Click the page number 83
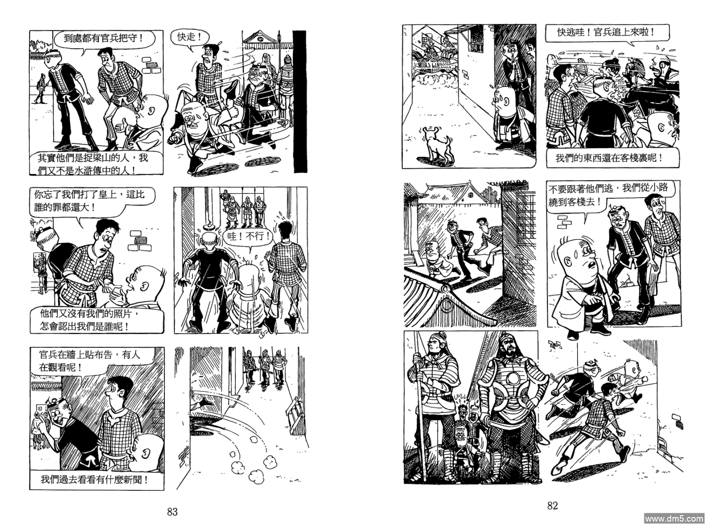point(172,511)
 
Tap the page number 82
point(552,505)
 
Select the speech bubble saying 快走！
point(190,38)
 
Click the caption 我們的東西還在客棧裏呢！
point(612,158)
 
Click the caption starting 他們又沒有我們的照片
point(97,320)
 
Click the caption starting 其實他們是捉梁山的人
point(96,163)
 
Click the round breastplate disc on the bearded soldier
point(513,378)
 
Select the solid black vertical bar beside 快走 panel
point(300,102)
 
